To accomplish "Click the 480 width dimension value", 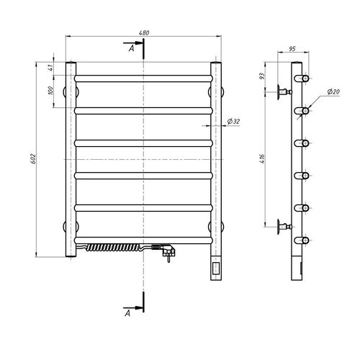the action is (x=144, y=32).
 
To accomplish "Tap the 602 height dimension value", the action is (x=33, y=158).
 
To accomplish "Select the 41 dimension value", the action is (x=50, y=68).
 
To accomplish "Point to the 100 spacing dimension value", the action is (x=50, y=91).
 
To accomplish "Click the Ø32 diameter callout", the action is (x=233, y=122).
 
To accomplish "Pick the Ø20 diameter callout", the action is (x=333, y=91).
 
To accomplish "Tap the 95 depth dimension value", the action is (x=292, y=49).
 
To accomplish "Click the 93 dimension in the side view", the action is (x=263, y=76).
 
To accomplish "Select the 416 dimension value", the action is (x=262, y=158).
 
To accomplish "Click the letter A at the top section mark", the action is (x=131, y=49).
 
